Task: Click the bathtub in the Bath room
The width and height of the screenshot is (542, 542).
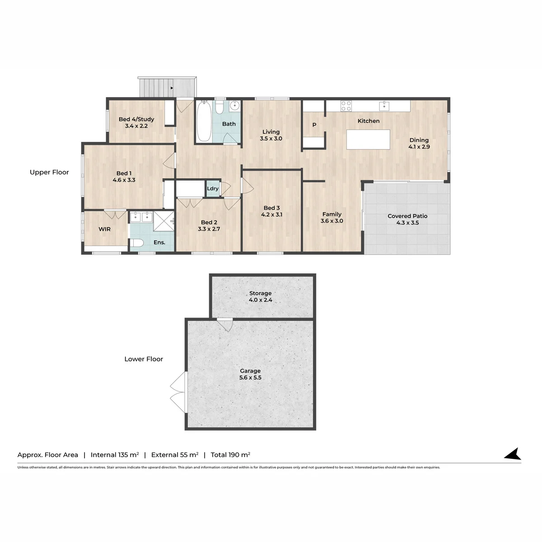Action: tap(204, 121)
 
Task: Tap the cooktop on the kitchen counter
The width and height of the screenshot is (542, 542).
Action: tap(346, 106)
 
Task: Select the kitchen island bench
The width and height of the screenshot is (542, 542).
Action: tap(368, 139)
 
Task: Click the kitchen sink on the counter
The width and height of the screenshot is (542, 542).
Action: tap(384, 106)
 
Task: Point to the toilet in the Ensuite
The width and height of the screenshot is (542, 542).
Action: tap(137, 243)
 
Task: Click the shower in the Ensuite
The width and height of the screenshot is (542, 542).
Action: tap(164, 221)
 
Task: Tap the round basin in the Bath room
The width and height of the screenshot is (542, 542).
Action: tap(234, 106)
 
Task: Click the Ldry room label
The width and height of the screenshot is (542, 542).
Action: tap(213, 188)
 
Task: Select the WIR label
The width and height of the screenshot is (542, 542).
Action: tap(105, 229)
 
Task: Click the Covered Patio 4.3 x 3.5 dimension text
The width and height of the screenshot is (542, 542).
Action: tap(407, 223)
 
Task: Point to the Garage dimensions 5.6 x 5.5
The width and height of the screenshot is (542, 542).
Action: tap(250, 378)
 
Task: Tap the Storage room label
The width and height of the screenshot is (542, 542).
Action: tap(261, 293)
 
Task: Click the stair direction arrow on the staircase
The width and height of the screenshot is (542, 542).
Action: tap(172, 88)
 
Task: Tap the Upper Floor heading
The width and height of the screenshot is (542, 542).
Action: tap(49, 172)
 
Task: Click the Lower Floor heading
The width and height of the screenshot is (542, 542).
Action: tap(144, 359)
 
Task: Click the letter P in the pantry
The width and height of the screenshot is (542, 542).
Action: tap(314, 125)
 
